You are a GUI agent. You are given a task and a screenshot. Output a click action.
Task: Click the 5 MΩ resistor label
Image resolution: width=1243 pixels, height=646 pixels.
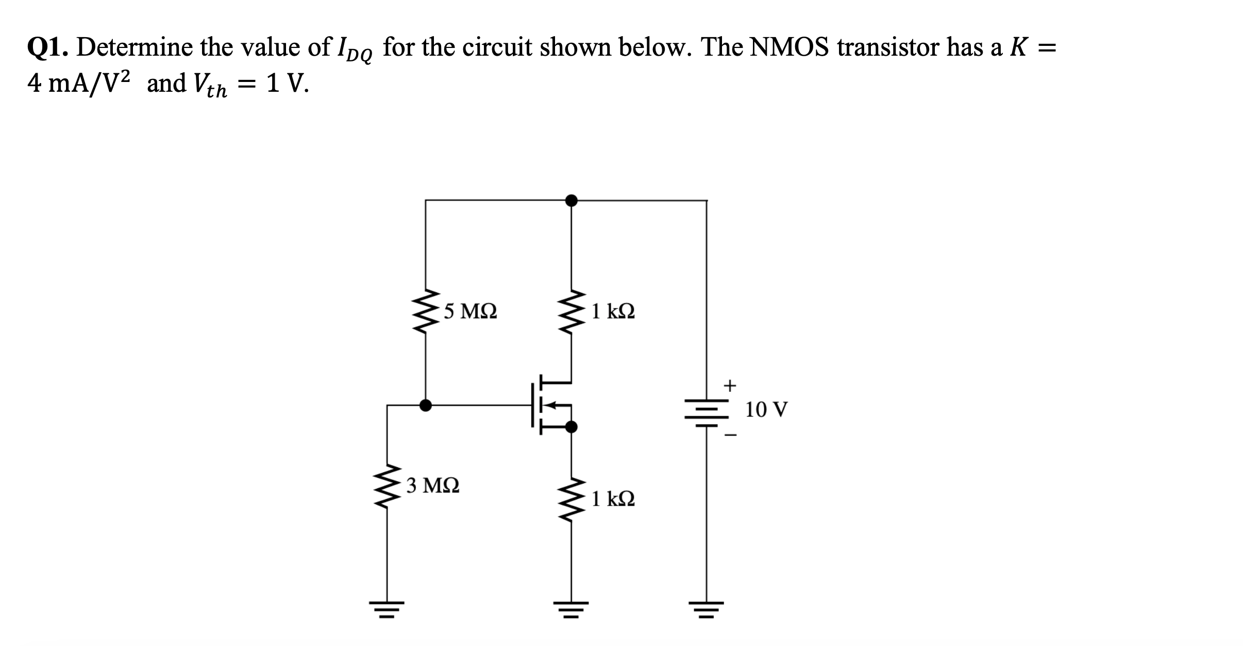[471, 311]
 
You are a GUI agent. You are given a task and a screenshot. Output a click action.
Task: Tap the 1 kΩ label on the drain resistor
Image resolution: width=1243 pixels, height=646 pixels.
[613, 311]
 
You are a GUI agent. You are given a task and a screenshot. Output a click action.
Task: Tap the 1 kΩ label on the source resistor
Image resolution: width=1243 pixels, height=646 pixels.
[613, 499]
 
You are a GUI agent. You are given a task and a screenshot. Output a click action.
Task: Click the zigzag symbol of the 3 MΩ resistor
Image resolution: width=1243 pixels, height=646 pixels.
[387, 486]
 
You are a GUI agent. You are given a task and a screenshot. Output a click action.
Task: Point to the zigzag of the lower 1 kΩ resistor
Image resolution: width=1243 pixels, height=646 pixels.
[570, 499]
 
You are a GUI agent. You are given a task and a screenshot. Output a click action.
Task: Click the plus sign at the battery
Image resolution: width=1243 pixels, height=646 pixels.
[730, 385]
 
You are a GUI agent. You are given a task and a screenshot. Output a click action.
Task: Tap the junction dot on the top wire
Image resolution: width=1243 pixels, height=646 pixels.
[570, 200]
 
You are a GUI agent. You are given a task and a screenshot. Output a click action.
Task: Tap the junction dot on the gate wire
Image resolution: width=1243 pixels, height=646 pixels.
[425, 405]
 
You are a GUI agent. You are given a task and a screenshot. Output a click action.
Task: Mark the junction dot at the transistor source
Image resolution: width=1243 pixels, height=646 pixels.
[571, 427]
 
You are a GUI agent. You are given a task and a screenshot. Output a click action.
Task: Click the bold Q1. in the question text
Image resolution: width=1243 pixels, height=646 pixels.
[49, 48]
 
